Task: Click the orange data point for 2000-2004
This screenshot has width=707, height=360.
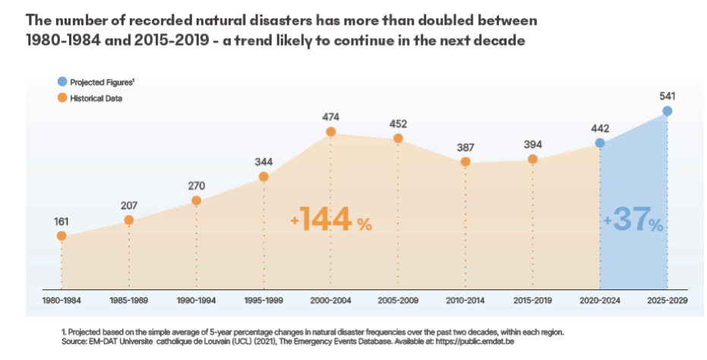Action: click(331, 132)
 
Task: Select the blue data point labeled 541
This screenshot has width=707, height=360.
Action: click(668, 111)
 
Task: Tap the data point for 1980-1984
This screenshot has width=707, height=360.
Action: click(62, 236)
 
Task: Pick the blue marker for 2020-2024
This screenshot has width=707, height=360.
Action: click(600, 143)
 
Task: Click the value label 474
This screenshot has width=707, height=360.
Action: click(331, 117)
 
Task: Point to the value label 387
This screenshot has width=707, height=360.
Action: click(466, 147)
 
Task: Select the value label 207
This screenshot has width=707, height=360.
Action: click(129, 205)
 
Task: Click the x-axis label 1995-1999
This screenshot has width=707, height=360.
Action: click(264, 301)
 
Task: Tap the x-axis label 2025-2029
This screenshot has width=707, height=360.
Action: click(668, 301)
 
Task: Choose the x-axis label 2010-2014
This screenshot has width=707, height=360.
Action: click(466, 301)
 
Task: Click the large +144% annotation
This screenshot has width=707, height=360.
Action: click(332, 219)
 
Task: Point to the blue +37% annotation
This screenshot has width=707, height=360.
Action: click(634, 221)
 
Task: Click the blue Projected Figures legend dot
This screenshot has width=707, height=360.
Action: click(62, 81)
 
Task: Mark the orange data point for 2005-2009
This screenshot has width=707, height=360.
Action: click(398, 138)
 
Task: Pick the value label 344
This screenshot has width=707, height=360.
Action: click(264, 162)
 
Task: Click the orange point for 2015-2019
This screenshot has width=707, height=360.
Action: click(533, 159)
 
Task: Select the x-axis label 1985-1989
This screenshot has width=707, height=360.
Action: click(129, 301)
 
